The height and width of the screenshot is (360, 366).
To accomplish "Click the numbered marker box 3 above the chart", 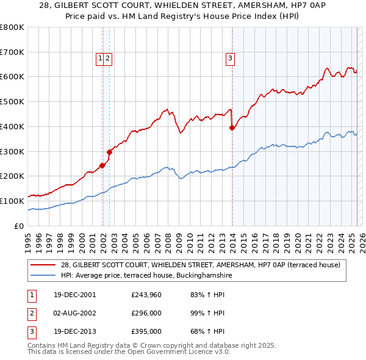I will [x=231, y=59].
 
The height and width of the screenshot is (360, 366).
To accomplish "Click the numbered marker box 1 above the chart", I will [x=99, y=59].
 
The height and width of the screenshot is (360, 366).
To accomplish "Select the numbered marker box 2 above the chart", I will [x=107, y=59].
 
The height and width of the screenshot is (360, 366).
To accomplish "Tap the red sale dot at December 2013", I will [x=232, y=128].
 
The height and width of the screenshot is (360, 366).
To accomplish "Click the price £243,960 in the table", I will [x=146, y=295].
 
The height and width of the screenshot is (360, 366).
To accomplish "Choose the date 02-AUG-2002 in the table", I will [x=74, y=314].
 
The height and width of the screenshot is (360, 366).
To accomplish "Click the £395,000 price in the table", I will [x=146, y=332].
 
